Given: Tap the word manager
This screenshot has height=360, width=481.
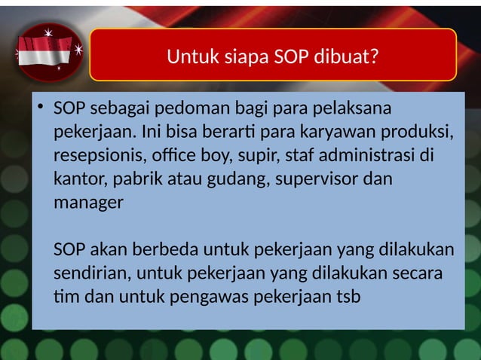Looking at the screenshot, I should pos(88,203).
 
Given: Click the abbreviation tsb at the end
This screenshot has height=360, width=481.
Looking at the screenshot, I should pos(346,296).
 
